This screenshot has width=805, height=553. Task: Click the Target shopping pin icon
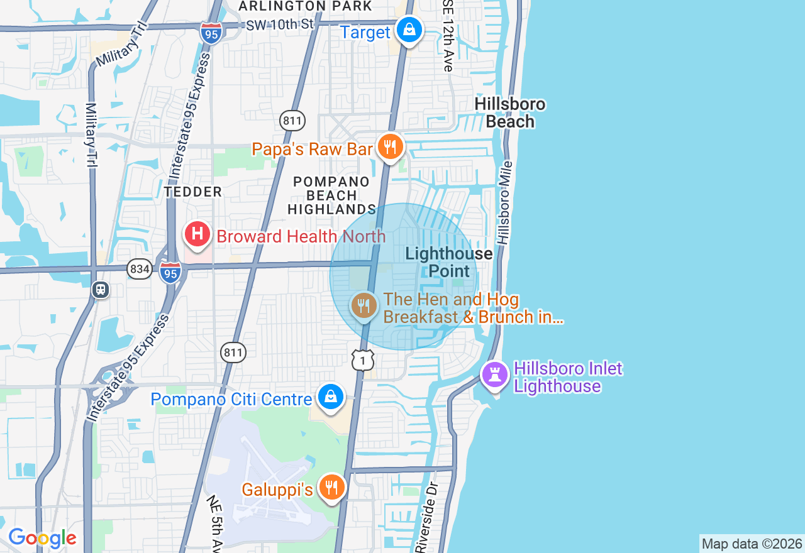click(x=409, y=30)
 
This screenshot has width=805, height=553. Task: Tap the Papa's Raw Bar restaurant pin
click(x=390, y=147)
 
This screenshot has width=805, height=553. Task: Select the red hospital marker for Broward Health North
click(x=197, y=234)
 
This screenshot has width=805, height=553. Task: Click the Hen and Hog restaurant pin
click(x=364, y=306)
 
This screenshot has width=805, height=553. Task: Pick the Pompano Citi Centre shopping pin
click(x=330, y=397)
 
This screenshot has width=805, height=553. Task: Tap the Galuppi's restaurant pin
click(x=331, y=487)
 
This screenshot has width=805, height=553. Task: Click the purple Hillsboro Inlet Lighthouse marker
click(x=495, y=375)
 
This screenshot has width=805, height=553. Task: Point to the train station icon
click(x=100, y=290)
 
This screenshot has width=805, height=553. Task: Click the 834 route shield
click(x=139, y=270)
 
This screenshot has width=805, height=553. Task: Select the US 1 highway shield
click(x=363, y=359)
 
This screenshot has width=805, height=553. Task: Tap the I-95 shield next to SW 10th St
click(x=211, y=33)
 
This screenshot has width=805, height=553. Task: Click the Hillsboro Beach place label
click(x=510, y=113)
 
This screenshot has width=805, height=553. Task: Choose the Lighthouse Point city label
click(x=449, y=262)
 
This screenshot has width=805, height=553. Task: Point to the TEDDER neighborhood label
click(x=192, y=192)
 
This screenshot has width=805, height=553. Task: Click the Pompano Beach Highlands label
click(x=331, y=195)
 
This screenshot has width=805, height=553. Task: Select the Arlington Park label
click(x=306, y=6)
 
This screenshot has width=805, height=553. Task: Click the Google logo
click(x=42, y=538)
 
